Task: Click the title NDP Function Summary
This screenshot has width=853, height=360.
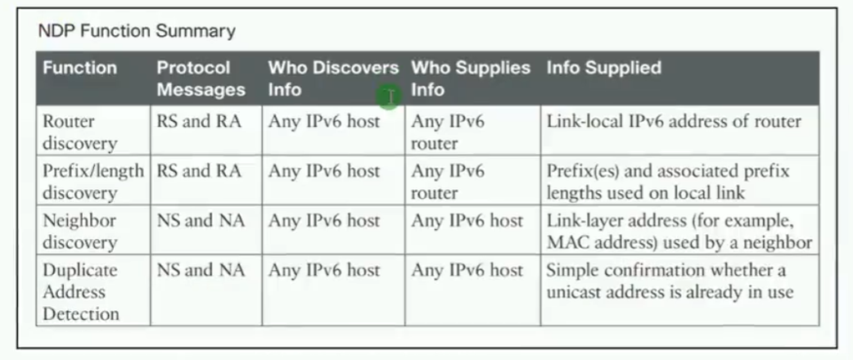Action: click(137, 32)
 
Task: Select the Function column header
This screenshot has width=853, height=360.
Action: click(79, 68)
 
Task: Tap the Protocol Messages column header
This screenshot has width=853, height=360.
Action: click(201, 79)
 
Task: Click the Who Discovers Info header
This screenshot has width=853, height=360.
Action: click(333, 79)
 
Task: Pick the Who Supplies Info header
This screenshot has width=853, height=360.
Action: click(471, 79)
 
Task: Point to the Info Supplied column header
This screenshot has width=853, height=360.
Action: click(604, 68)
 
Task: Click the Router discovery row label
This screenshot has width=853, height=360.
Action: click(80, 133)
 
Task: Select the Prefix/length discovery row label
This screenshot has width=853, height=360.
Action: click(93, 182)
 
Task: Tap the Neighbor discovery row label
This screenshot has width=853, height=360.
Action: click(80, 232)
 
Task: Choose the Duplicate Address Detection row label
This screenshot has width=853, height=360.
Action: click(80, 292)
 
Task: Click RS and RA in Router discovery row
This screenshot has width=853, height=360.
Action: click(199, 122)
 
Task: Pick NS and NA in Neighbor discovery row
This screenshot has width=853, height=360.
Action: click(201, 221)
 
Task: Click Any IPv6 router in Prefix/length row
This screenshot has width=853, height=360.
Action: click(447, 182)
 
